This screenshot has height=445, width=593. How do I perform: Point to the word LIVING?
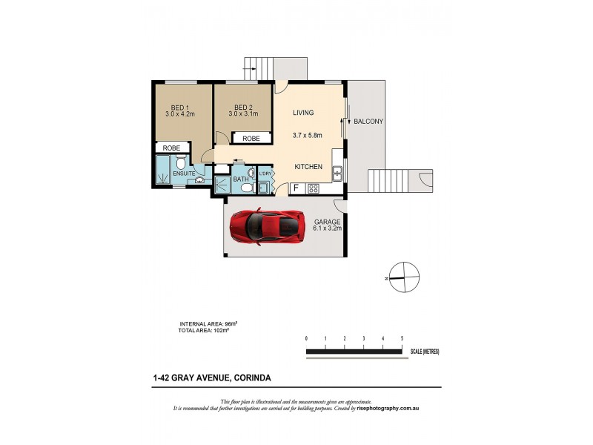coord(303,113)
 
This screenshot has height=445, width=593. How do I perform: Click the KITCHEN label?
coord(308,167)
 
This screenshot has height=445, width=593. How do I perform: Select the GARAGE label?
coord(327,222)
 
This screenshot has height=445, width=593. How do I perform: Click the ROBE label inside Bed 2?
coord(251,139)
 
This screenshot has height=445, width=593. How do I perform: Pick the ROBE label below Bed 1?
coord(172,148)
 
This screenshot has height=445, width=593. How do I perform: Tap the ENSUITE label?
coord(184,174)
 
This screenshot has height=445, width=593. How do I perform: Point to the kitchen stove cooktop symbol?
coord(313,188)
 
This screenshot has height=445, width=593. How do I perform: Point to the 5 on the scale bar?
coord(402,338)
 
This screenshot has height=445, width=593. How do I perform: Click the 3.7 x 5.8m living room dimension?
coord(307,136)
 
